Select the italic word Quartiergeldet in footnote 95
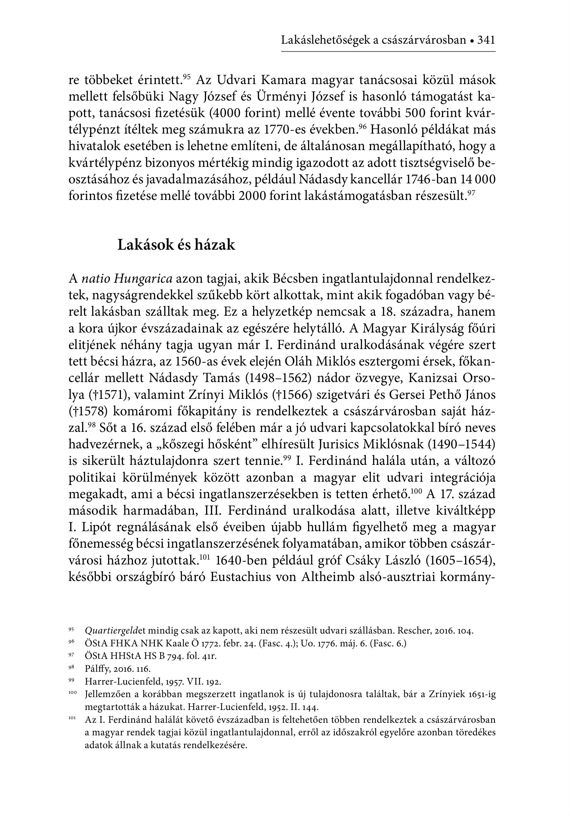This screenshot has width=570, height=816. (x=112, y=631)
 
